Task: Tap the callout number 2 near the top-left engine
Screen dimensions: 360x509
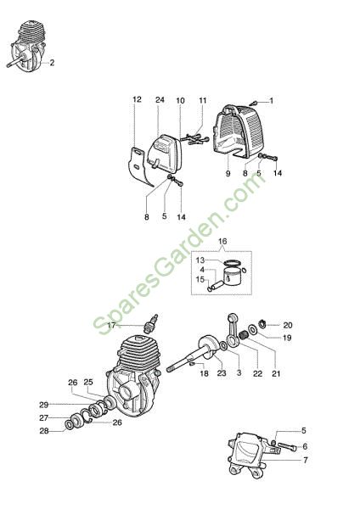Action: point(52,63)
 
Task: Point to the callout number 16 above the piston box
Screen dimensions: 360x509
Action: point(222,241)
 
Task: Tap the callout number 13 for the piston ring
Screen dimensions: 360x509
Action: point(200,260)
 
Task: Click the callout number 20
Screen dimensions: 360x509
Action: point(288,325)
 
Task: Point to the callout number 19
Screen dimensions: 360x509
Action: point(287,338)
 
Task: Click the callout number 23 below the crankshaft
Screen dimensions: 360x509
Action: point(222,373)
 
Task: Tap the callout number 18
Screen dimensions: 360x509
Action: point(204,373)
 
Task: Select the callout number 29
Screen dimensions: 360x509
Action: point(44,405)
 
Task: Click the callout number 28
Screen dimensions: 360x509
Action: point(44,431)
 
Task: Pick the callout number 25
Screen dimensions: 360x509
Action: point(88,383)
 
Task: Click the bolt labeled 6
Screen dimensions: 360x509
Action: point(287,447)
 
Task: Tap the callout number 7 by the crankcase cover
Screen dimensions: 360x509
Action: point(305,461)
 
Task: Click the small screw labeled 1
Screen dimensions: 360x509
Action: point(254,103)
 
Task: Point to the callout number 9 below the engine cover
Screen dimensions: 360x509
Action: point(228,173)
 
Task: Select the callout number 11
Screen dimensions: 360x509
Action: point(203,100)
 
